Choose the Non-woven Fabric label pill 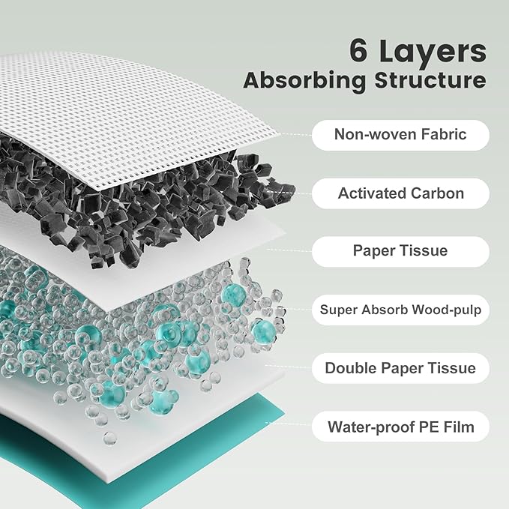tap(400, 135)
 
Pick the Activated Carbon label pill tap(400, 193)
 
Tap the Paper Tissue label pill tap(400, 251)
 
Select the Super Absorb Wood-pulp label tap(400, 310)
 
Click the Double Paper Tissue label tap(400, 368)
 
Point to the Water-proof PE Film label tap(400, 427)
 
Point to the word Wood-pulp tap(448, 310)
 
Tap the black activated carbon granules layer tap(150, 195)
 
